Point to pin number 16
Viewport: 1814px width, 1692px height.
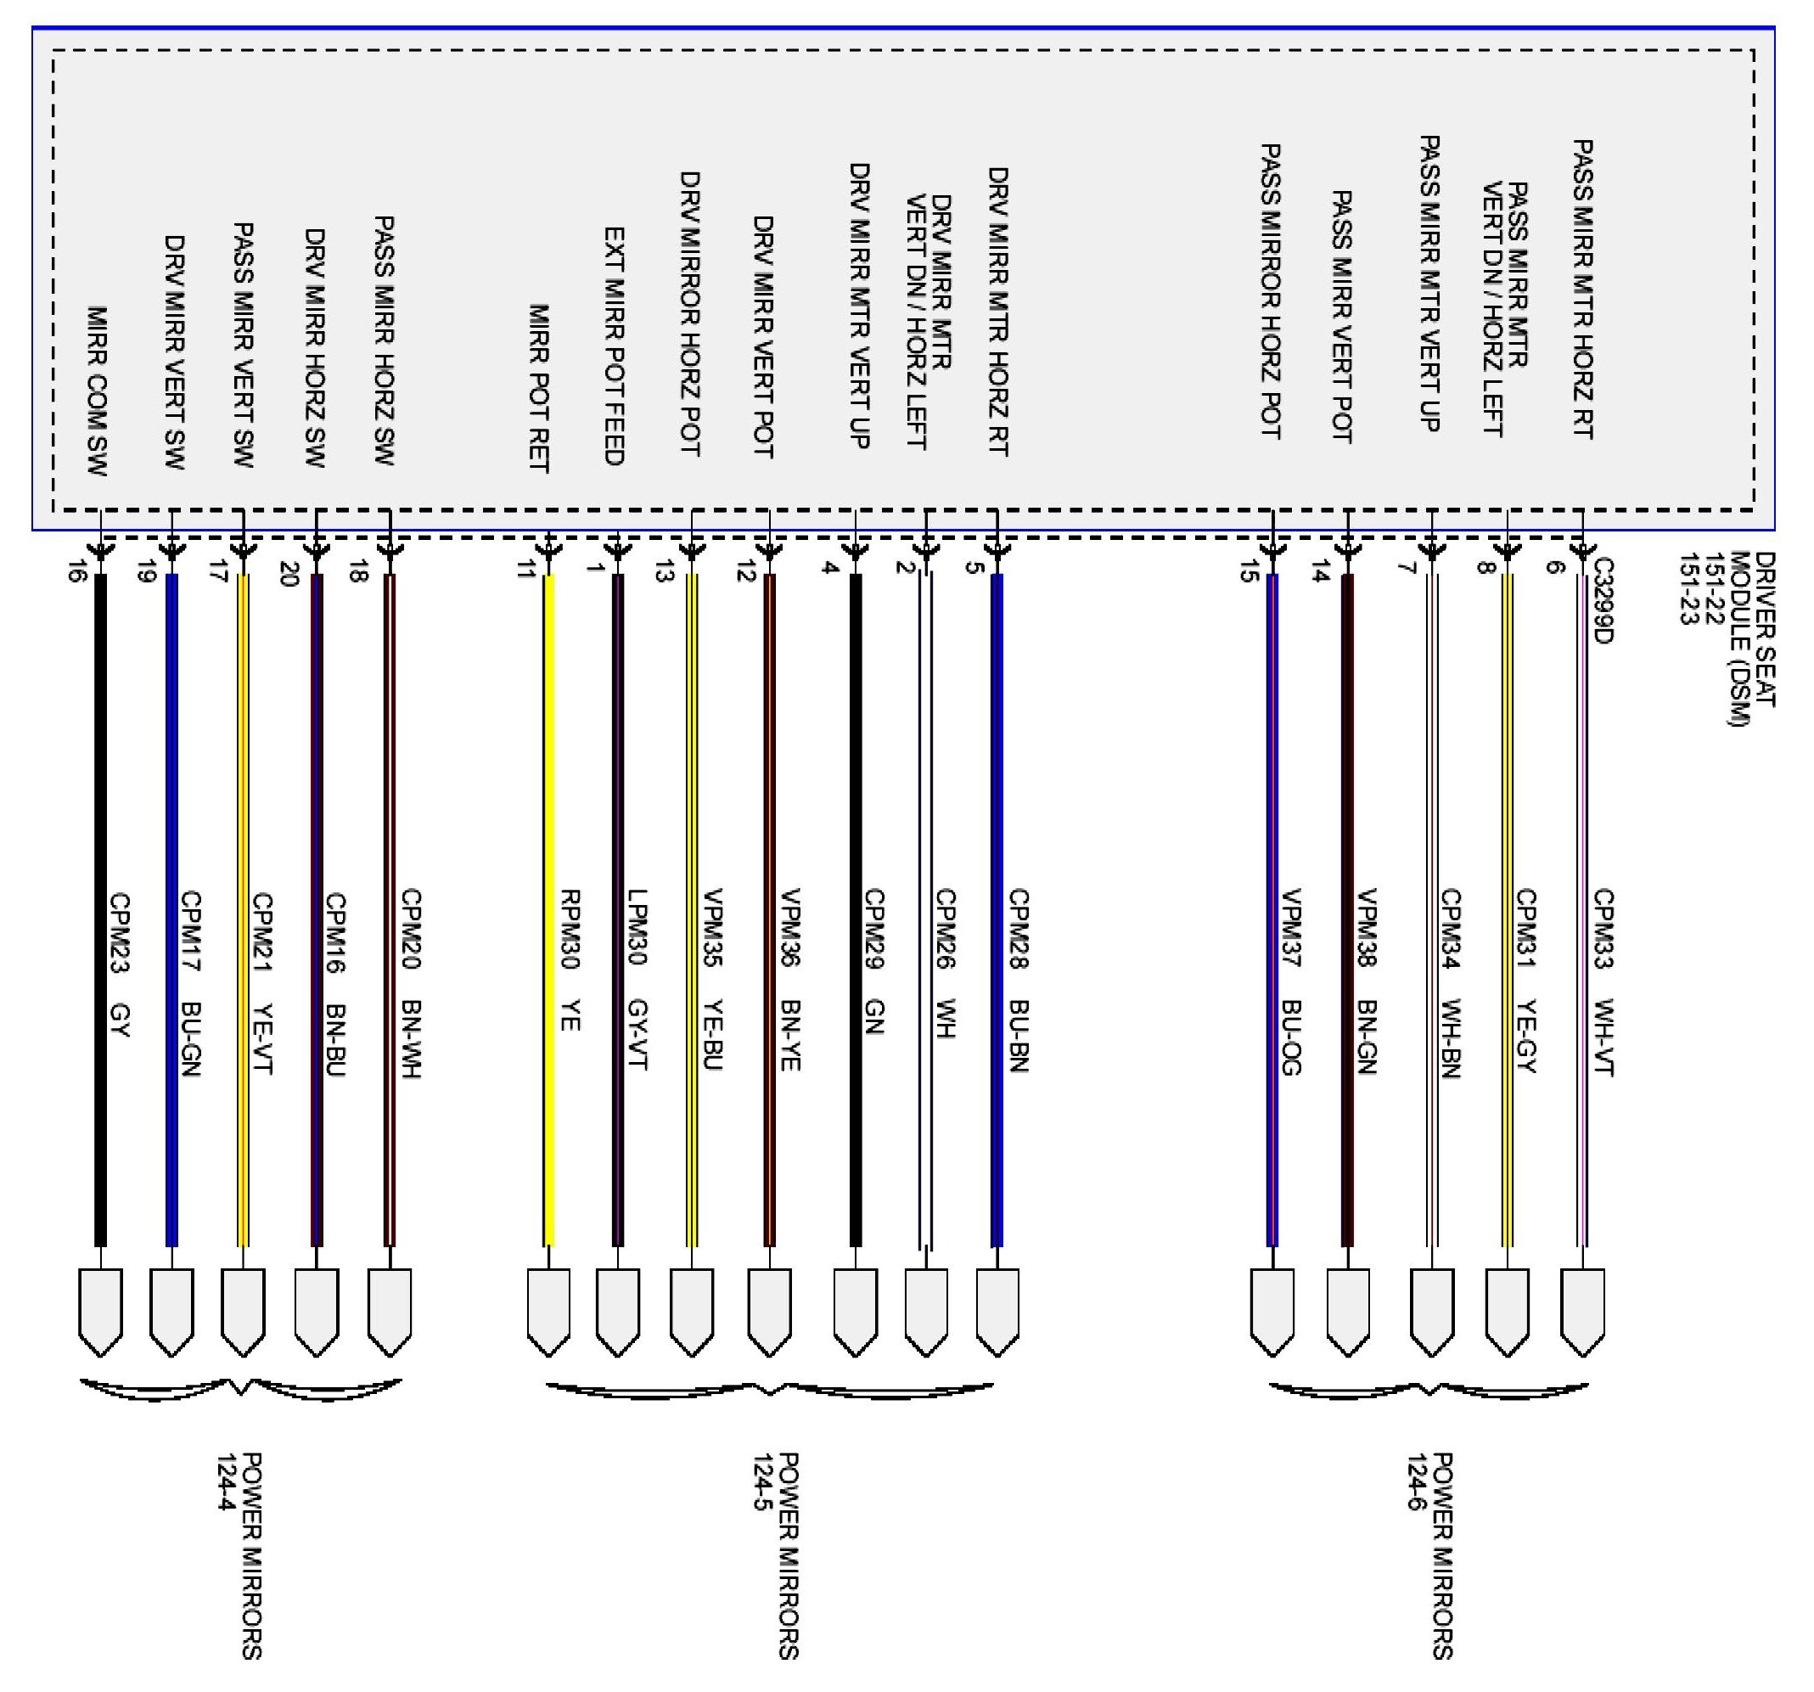(76, 572)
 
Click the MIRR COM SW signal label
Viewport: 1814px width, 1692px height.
(98, 391)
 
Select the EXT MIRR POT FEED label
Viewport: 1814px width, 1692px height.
(614, 346)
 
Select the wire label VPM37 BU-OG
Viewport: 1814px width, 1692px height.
(1291, 982)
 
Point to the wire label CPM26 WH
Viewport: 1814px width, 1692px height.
(945, 964)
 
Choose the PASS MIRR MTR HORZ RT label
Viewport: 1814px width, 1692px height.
(1583, 289)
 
